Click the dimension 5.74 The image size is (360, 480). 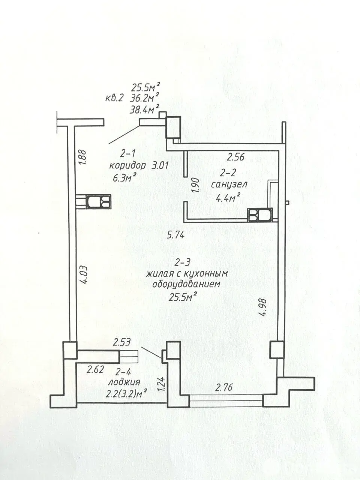click(x=176, y=235)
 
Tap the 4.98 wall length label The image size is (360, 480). click(x=264, y=307)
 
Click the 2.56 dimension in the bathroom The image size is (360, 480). click(x=235, y=157)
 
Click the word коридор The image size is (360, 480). click(x=127, y=166)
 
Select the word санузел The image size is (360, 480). click(x=229, y=185)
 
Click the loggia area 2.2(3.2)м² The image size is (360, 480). click(x=126, y=394)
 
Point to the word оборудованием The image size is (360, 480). click(x=186, y=284)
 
